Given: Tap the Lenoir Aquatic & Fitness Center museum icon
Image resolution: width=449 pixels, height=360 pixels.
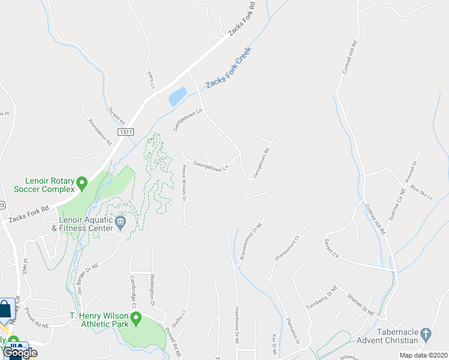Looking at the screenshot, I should tap(120, 224).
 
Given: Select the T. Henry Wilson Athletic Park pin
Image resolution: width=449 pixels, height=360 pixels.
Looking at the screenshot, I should tap(136, 318).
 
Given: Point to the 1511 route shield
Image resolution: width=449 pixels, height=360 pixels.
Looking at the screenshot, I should tap(125, 132).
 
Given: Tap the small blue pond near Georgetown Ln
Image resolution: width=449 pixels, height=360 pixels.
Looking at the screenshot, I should tap(178, 97).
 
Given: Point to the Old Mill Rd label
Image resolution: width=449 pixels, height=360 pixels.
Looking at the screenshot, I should tap(116, 117).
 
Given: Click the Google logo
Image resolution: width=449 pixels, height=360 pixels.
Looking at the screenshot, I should tap(20, 353).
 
